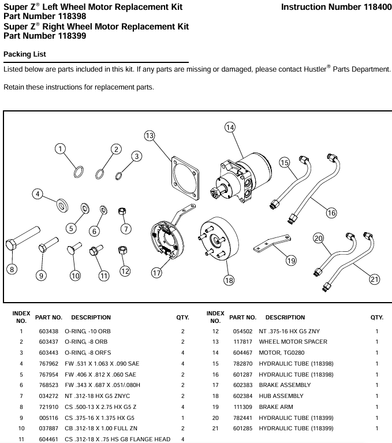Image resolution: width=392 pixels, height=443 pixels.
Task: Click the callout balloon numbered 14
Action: pyautogui.click(x=230, y=128)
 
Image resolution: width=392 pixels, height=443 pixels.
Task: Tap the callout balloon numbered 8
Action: pyautogui.click(x=12, y=269)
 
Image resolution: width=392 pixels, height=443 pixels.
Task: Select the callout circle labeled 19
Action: pyautogui.click(x=291, y=260)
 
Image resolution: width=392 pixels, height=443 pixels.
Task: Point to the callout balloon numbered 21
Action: pyautogui.click(x=375, y=280)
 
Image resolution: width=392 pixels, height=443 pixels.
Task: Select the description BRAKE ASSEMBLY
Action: pyautogui.click(x=285, y=385)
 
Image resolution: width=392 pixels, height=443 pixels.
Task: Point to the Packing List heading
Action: pyautogui.click(x=25, y=54)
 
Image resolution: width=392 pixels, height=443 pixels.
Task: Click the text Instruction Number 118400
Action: pyautogui.click(x=335, y=8)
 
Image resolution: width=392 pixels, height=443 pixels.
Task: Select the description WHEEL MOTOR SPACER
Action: pyautogui.click(x=293, y=341)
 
